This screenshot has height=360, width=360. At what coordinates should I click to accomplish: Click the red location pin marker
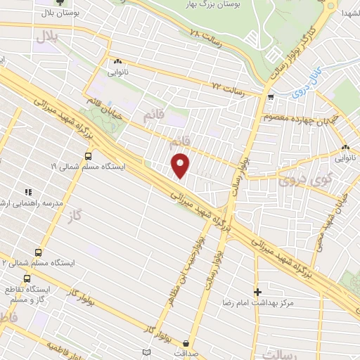181,165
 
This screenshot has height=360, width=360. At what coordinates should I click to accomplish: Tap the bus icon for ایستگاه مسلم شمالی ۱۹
88,156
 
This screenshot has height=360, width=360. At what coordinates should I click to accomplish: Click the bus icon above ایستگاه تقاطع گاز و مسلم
27,278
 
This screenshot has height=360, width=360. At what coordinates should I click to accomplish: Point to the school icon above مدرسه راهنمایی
28,192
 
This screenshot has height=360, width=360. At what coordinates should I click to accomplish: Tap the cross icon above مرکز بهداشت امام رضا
258,291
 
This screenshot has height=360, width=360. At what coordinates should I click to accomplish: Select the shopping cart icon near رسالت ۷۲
271,98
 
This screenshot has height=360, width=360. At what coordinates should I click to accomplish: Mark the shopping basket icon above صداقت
146,352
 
